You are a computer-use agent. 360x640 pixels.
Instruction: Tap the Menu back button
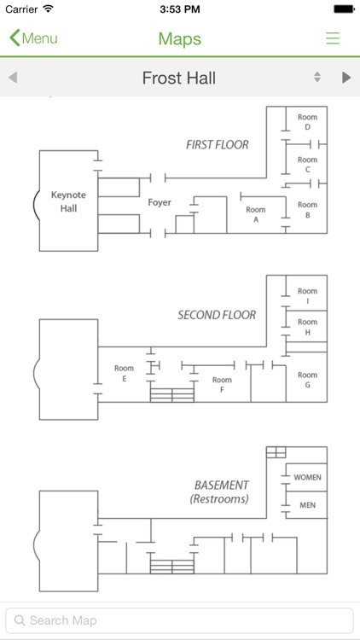click(33, 38)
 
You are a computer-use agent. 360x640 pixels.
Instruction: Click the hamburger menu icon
click(333, 38)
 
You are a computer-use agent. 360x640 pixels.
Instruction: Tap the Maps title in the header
click(180, 38)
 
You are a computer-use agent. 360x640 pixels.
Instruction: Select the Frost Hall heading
click(179, 78)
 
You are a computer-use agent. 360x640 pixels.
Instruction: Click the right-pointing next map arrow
click(346, 77)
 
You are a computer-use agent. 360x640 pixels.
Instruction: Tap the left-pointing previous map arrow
click(13, 77)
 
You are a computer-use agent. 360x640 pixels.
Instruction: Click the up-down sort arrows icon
click(317, 77)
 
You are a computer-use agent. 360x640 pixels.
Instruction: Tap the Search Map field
click(180, 621)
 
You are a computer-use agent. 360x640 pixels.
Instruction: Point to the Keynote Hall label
click(68, 201)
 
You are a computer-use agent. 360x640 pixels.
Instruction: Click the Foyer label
click(160, 202)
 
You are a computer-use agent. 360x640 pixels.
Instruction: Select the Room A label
click(256, 215)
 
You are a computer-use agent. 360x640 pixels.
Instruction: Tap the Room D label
click(307, 122)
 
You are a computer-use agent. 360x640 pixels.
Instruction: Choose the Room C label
click(307, 165)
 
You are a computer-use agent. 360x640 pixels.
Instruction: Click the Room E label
click(124, 374)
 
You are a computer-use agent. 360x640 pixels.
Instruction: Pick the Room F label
click(222, 385)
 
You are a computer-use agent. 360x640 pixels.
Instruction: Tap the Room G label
click(307, 380)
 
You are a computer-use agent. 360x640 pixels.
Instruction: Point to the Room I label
click(307, 296)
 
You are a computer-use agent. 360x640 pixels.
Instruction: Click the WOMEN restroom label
click(307, 477)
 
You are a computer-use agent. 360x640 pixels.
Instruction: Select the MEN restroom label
click(307, 505)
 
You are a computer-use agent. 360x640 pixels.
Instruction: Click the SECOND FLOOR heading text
click(217, 315)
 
